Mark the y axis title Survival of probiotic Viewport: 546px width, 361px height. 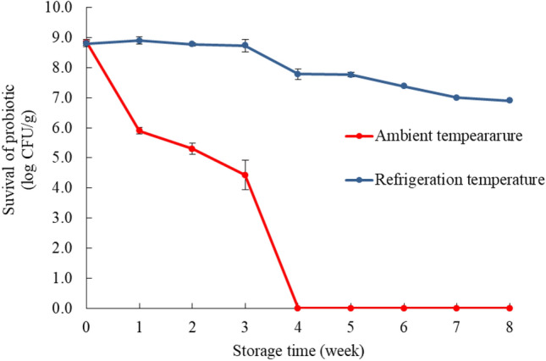click(17, 158)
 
